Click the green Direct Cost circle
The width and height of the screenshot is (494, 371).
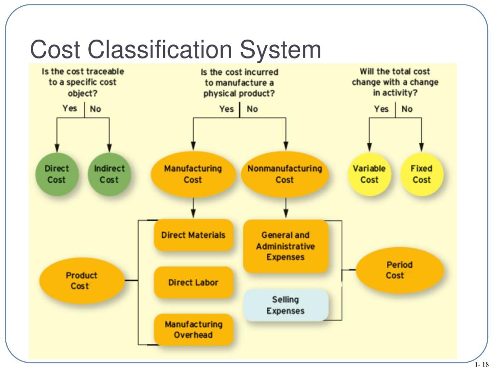click(57, 174)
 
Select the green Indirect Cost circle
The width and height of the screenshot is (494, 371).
click(109, 174)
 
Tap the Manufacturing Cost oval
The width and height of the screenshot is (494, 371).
click(193, 174)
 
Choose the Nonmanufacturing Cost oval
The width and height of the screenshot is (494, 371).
click(285, 174)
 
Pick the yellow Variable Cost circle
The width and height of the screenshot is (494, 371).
click(369, 174)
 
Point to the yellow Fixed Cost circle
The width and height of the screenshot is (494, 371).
click(421, 174)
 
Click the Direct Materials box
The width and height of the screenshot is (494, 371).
click(193, 235)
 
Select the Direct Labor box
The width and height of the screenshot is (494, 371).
click(193, 283)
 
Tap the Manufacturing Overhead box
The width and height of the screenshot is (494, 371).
click(193, 329)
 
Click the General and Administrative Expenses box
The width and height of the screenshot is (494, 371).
click(286, 246)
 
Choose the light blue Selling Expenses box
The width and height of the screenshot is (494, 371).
click(286, 305)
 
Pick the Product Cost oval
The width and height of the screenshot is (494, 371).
click(81, 281)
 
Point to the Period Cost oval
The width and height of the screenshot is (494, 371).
click(399, 270)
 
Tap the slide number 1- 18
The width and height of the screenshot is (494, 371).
click(481, 364)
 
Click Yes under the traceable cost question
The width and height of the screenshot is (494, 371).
click(69, 108)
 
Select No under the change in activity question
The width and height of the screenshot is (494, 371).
click(407, 109)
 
